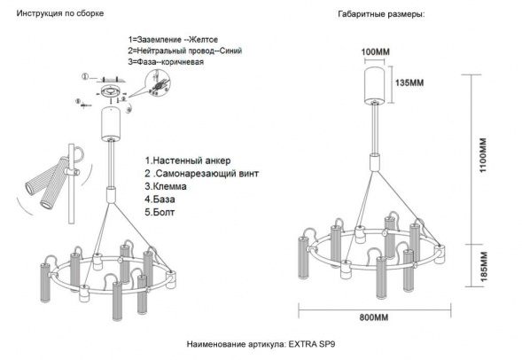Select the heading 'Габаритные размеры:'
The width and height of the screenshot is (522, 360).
pyautogui.click(x=380, y=15)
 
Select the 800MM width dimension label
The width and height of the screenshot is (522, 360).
pyautogui.click(x=373, y=317)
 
